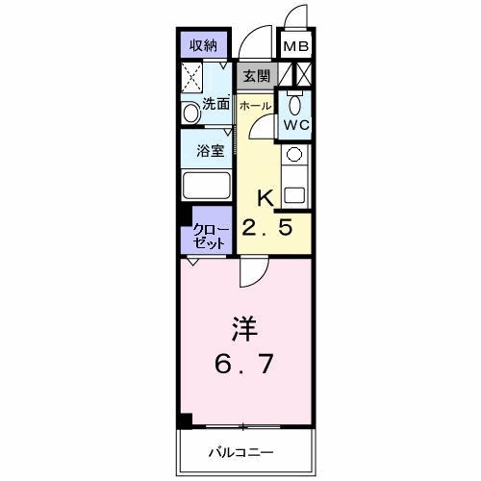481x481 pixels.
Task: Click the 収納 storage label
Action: click(x=201, y=44)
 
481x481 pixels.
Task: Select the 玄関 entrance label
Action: click(x=256, y=75)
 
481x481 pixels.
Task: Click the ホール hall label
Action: click(x=255, y=104)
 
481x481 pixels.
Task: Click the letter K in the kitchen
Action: click(x=266, y=197)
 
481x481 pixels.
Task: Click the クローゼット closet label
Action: click(x=208, y=237)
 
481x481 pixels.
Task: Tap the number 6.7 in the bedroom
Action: click(x=242, y=366)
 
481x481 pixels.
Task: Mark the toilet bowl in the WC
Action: click(x=295, y=105)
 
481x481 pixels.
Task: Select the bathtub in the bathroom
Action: click(x=207, y=187)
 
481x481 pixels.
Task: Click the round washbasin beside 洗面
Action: click(x=189, y=114)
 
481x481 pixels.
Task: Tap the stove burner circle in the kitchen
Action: click(x=294, y=154)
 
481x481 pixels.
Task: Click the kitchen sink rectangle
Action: click(x=294, y=191)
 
